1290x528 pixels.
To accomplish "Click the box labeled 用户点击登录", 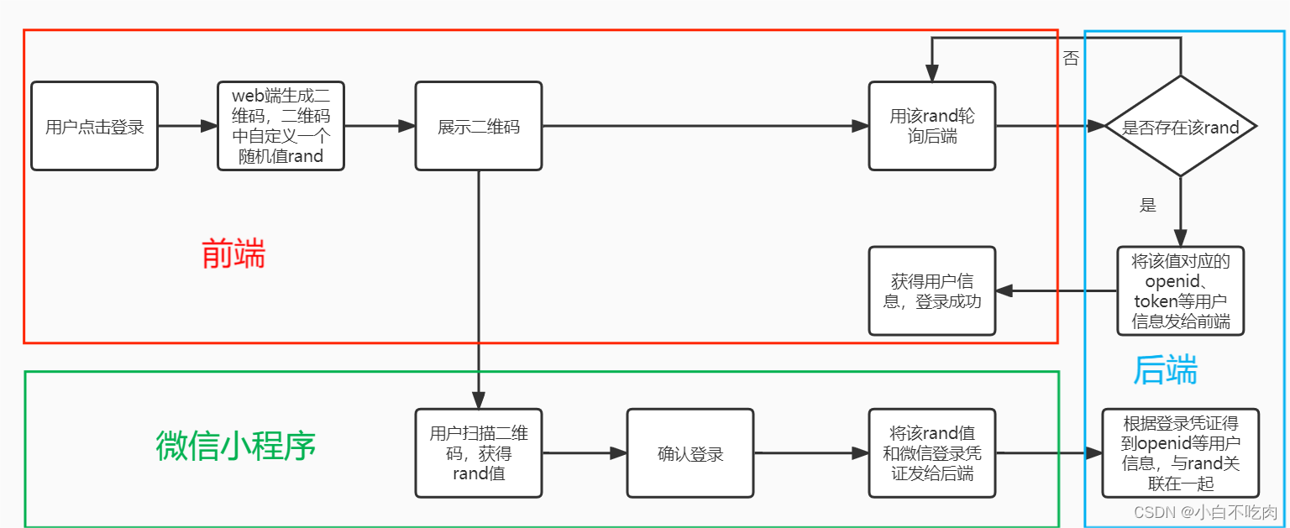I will pyautogui.click(x=94, y=127).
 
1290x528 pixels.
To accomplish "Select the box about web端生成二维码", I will pyautogui.click(x=281, y=127).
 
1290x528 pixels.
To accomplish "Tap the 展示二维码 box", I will pyautogui.click(x=478, y=127).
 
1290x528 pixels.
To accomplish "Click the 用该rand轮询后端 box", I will pyautogui.click(x=931, y=127).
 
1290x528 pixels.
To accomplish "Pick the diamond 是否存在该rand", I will pyautogui.click(x=1180, y=127).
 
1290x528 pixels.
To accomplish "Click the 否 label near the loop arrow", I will pyautogui.click(x=1071, y=60).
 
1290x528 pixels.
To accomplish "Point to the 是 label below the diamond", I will pyautogui.click(x=1147, y=206).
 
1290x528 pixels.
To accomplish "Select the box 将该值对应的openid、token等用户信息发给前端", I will pyautogui.click(x=1180, y=291).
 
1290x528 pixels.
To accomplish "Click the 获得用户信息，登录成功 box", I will pyautogui.click(x=931, y=291).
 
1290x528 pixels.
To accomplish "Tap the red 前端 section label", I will pyautogui.click(x=233, y=254).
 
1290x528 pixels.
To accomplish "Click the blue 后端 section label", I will pyautogui.click(x=1165, y=370).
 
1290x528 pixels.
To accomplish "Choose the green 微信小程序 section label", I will pyautogui.click(x=235, y=446).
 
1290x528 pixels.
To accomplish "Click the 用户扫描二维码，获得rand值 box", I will pyautogui.click(x=478, y=453).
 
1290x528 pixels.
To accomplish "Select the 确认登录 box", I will pyautogui.click(x=690, y=453).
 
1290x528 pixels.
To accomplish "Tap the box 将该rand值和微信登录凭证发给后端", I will pyautogui.click(x=931, y=453).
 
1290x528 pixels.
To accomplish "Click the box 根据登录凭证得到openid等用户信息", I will pyautogui.click(x=1180, y=453).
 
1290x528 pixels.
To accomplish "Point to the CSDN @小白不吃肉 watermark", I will pyautogui.click(x=1204, y=512).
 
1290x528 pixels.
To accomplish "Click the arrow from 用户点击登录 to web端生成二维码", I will pyautogui.click(x=187, y=127).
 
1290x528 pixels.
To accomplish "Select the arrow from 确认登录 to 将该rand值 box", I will pyautogui.click(x=811, y=453).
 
